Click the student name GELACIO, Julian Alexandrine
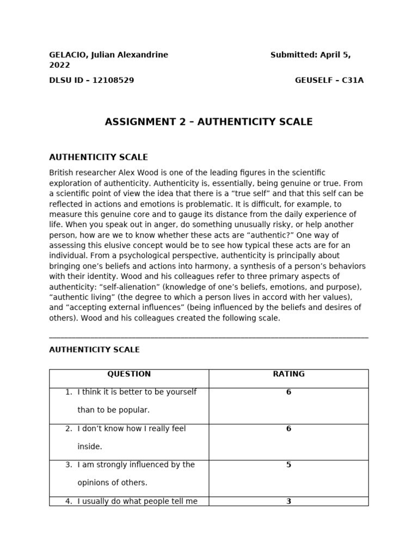click(108, 55)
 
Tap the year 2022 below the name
click(59, 65)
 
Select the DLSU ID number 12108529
click(113, 81)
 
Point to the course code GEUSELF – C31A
click(329, 81)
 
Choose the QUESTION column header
click(129, 374)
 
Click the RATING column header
click(288, 374)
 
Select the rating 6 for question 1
click(288, 392)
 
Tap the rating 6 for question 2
click(288, 429)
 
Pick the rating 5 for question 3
click(288, 465)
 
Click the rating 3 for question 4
click(288, 501)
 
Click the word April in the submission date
click(331, 55)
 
